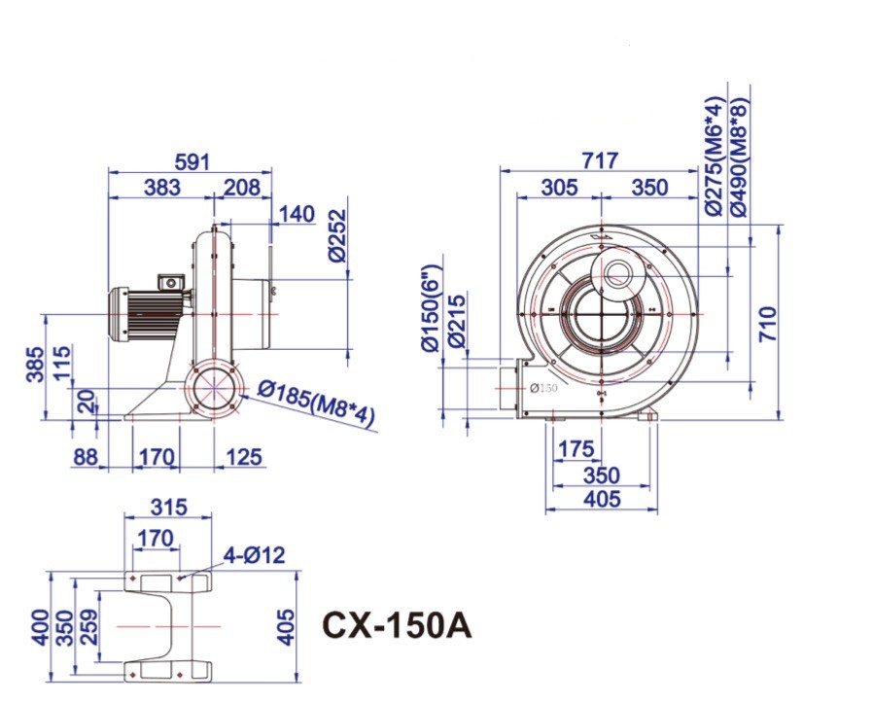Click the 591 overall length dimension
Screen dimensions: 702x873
192,161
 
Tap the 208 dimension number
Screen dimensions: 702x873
241,188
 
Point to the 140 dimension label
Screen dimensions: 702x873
297,214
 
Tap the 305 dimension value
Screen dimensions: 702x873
559,188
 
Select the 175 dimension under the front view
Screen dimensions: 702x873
576,449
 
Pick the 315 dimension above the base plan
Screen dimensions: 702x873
167,509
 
